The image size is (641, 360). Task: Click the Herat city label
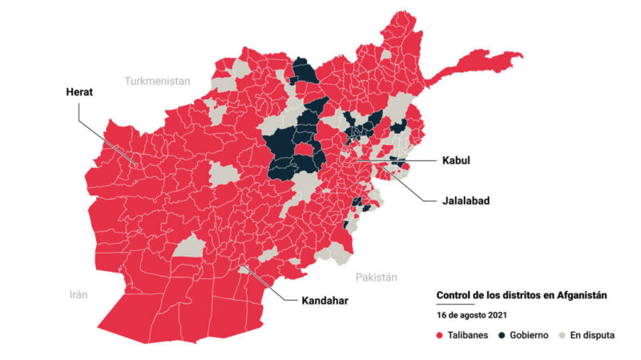click(79, 92)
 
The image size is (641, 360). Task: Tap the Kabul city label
click(456, 160)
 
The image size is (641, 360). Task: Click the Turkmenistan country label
click(157, 81)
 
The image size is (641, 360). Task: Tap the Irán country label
click(78, 294)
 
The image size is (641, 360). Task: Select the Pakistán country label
click(376, 277)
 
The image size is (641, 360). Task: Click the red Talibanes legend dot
click(440, 335)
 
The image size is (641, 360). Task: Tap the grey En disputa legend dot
click(562, 335)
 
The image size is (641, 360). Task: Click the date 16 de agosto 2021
click(471, 316)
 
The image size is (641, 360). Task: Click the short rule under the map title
click(455, 305)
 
